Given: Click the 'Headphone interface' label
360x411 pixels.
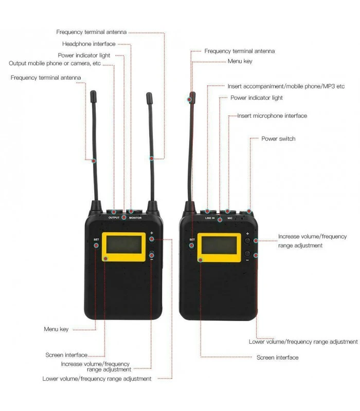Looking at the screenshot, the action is click(x=88, y=44).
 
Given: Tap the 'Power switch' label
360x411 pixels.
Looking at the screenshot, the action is click(x=278, y=139).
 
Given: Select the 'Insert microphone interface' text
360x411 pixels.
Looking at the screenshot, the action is click(x=272, y=116).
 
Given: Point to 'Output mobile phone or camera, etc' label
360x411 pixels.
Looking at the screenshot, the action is click(x=55, y=63).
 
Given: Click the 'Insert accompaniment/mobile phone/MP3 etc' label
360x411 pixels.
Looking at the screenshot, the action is click(x=286, y=86).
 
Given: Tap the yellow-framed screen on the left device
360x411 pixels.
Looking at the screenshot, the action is click(x=123, y=247).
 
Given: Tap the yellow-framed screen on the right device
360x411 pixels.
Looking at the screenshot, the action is click(x=219, y=248).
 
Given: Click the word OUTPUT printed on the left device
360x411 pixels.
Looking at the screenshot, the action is click(x=114, y=217).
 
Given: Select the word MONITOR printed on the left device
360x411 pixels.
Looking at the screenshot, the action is click(x=135, y=218).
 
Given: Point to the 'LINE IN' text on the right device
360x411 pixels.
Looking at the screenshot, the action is click(x=210, y=218).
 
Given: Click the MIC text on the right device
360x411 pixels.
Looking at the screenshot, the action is click(x=230, y=218).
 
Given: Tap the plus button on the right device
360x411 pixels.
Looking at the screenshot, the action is click(x=247, y=240).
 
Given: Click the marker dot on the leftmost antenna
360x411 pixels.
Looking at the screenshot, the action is click(x=94, y=161).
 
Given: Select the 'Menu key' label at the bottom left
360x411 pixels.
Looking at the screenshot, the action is click(x=56, y=329).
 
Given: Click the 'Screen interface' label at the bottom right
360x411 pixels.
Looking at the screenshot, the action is click(x=277, y=358).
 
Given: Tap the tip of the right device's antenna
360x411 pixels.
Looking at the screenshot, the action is click(x=193, y=92).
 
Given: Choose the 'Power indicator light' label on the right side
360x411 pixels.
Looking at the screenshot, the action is click(x=256, y=98).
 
